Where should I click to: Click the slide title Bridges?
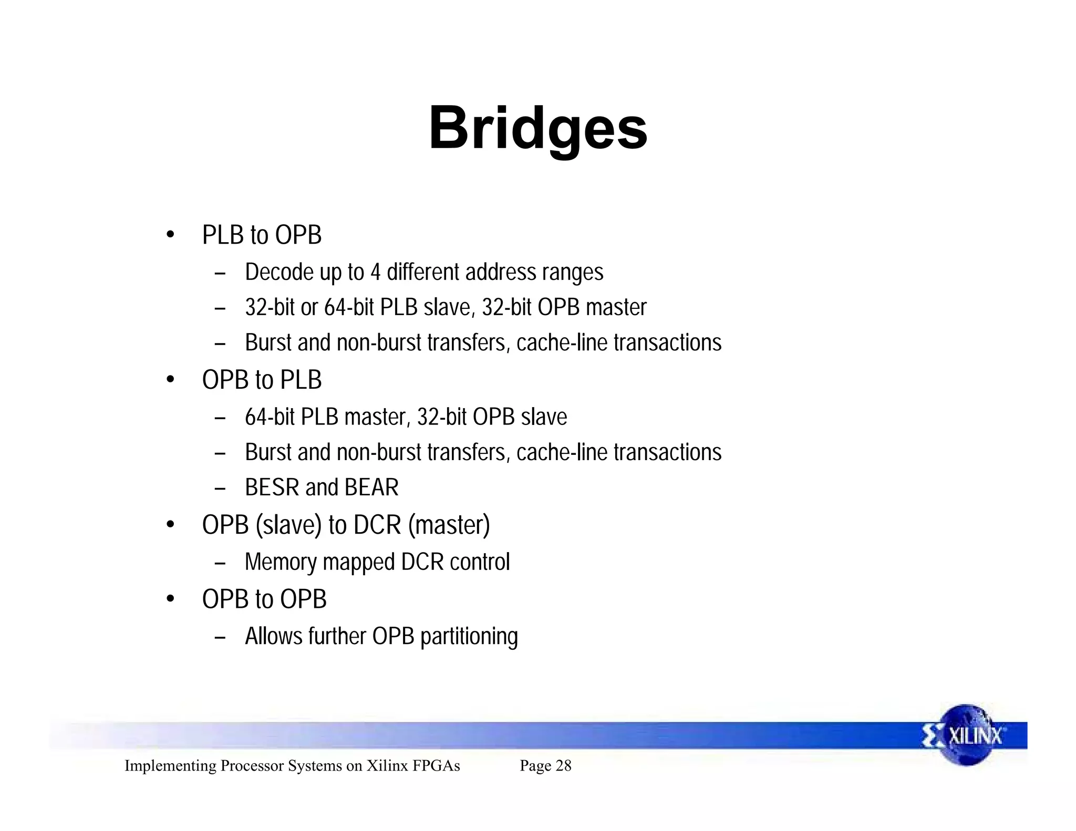click(x=538, y=129)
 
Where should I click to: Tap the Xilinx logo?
click(x=966, y=735)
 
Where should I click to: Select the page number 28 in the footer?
click(x=563, y=766)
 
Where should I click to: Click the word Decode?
click(x=279, y=272)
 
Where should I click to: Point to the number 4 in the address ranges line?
click(x=375, y=272)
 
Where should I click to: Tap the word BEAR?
click(x=372, y=487)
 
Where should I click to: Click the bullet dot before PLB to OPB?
click(x=170, y=235)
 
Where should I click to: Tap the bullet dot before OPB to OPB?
click(x=170, y=599)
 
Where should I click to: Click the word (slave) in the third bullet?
click(x=288, y=525)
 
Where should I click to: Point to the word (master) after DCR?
click(x=449, y=525)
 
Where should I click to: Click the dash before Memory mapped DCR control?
click(x=220, y=563)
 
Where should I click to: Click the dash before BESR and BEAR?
click(x=220, y=489)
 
